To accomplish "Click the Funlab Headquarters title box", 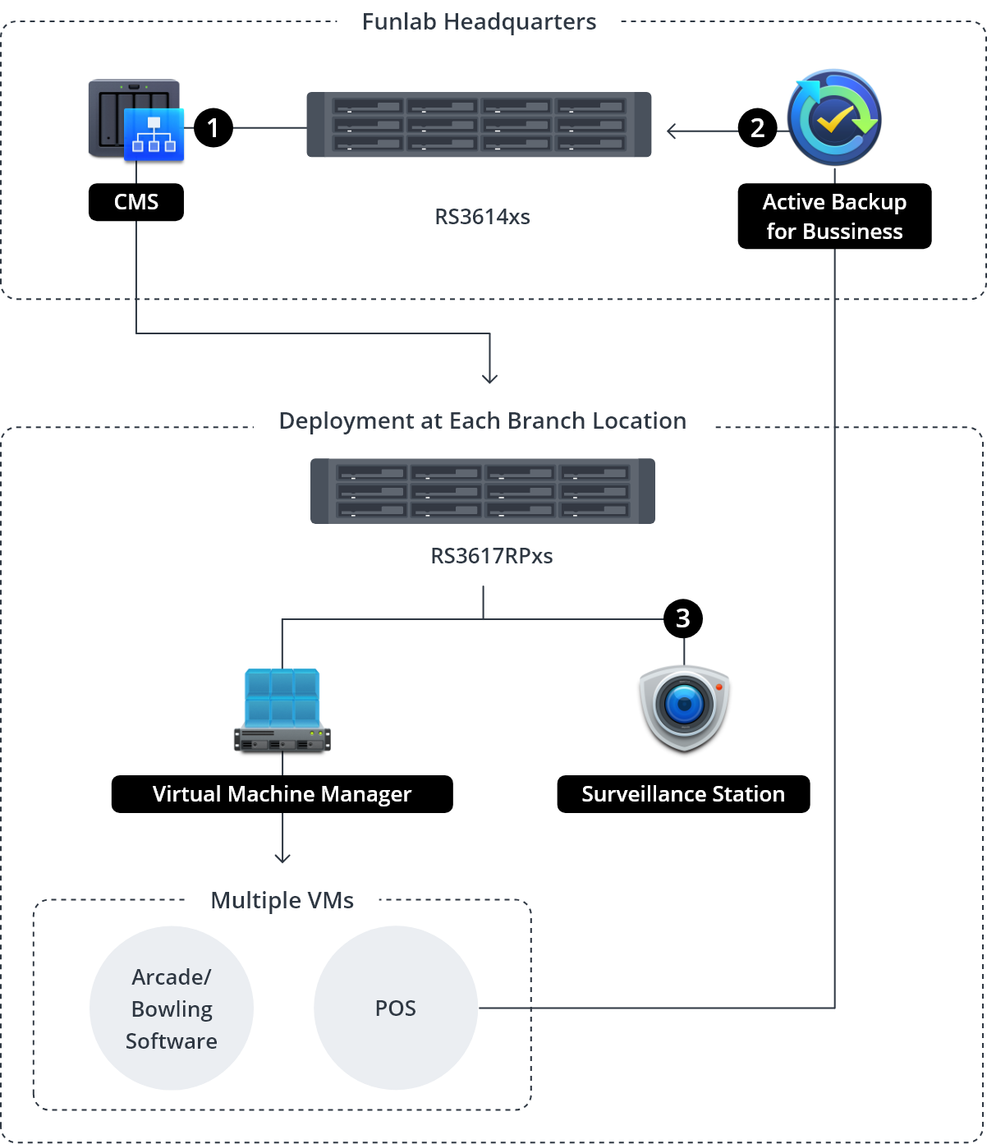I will coord(479,21).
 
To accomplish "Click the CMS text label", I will coord(136,202).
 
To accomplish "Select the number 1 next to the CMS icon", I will coord(213,128).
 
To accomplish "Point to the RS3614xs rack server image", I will coord(479,125).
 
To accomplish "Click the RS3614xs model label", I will coord(482,218).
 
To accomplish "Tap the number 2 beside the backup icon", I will coord(757,128).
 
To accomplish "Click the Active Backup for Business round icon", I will coord(834,117).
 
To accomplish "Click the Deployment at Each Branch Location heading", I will coord(482,420).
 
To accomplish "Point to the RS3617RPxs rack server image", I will coord(483,491).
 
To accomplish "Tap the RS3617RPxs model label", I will coord(491,556).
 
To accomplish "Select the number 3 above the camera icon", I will coord(682,618).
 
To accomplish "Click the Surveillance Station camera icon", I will coord(684,706).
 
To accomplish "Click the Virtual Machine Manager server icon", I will coord(282,710).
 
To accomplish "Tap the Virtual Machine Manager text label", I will coord(282,794).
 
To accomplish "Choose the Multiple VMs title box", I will coord(282,900).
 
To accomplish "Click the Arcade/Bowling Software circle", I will coord(172,1008).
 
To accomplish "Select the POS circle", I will coord(396,1008).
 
